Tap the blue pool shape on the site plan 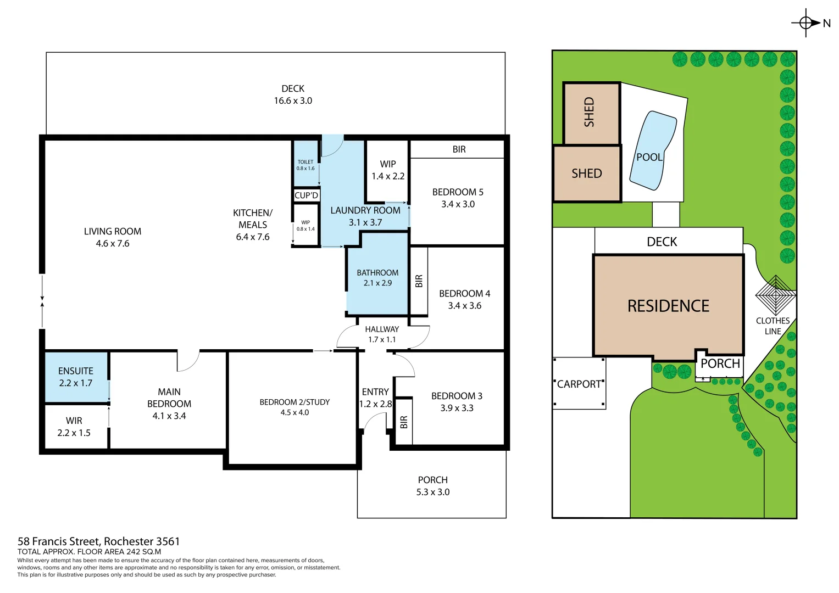653,150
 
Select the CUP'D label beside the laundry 307,195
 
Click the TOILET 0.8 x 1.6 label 305,165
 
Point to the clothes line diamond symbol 776,295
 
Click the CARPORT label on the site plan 579,384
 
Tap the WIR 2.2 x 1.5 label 74,427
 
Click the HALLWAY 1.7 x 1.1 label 382,334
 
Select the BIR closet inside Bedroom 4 419,281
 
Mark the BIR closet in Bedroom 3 404,422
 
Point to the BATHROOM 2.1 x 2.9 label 377,278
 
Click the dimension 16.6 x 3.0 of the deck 293,100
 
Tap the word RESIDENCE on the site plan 668,306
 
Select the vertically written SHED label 589,112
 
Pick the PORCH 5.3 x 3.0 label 433,486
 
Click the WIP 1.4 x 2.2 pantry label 388,170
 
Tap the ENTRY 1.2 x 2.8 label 375,398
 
